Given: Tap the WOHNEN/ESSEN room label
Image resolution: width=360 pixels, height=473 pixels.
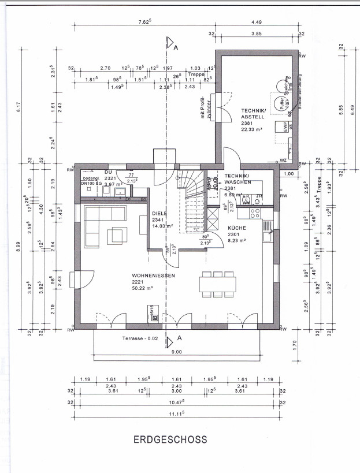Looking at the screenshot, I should coord(153,275).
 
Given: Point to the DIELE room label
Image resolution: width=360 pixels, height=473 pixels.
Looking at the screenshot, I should coord(159,213).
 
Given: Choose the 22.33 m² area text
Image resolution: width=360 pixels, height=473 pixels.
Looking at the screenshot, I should coord(253,129).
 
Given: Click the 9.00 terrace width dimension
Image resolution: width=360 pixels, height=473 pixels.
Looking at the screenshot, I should coord(176,352).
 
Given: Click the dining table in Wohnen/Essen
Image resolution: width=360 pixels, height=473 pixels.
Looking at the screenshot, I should coord(218,284).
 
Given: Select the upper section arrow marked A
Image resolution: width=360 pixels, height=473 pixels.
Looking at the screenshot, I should coord(171,44).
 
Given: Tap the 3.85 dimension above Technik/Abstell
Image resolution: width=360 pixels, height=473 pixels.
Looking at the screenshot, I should coord(257,35).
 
